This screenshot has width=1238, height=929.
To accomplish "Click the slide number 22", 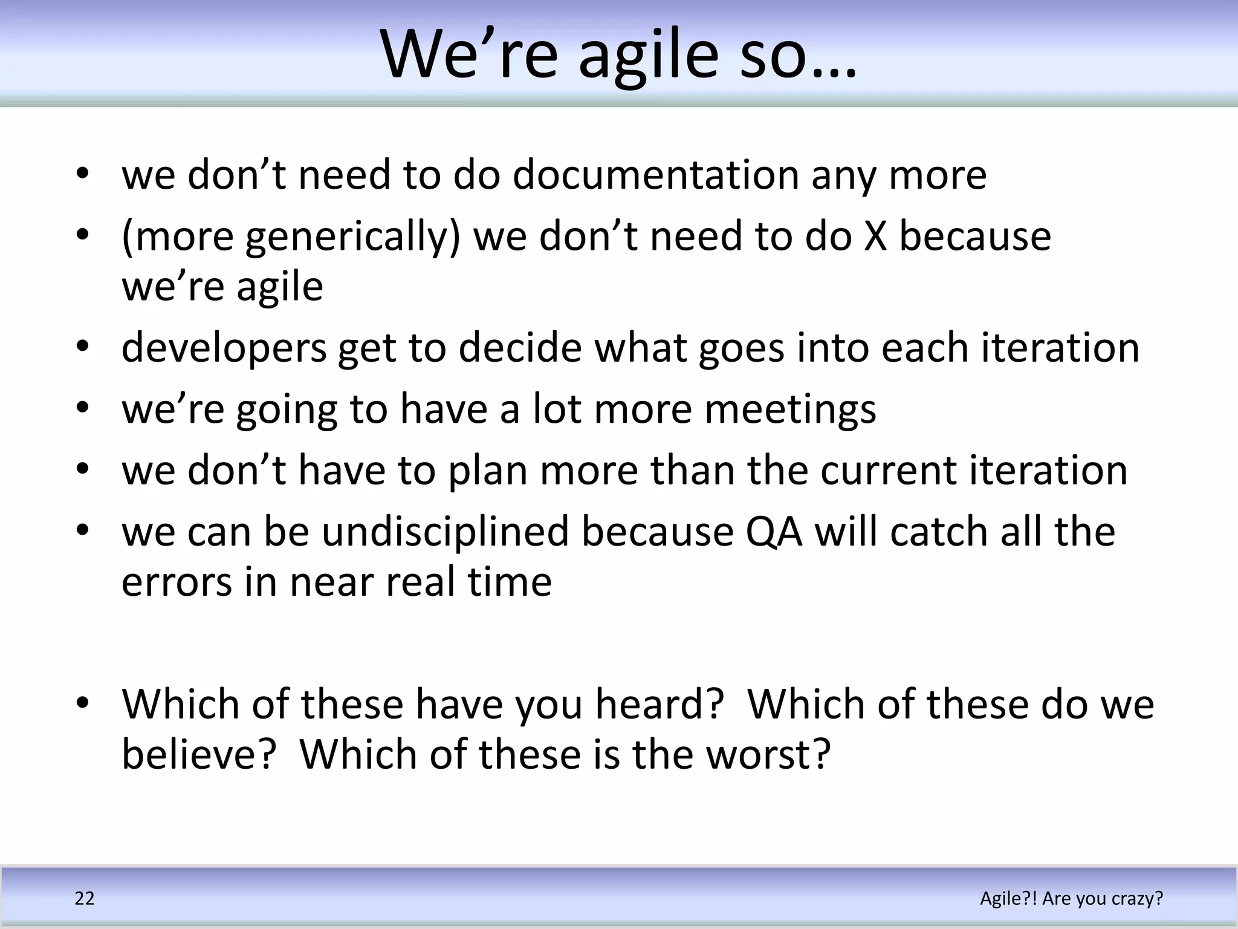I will pos(85,899).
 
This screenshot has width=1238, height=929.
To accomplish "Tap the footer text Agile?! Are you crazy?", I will pos(1071,899).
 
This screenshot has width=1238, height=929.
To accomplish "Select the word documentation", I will pos(656,175).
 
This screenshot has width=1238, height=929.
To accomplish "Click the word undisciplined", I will pos(446,532).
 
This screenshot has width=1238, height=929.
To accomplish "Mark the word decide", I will pos(519,348).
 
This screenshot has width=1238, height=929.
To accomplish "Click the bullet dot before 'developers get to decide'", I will pos(83,347).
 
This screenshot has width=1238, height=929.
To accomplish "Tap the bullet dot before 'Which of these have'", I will pos(83,703).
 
